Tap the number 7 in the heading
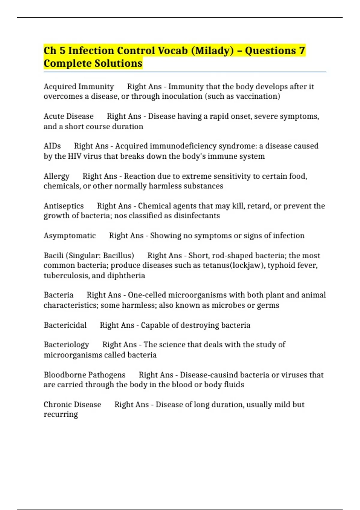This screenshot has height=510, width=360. (301, 51)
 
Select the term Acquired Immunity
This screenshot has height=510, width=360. (79, 87)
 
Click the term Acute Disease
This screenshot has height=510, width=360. (68, 116)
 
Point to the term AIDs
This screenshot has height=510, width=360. (52, 146)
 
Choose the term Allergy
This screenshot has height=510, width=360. (56, 176)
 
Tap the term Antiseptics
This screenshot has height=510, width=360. (64, 206)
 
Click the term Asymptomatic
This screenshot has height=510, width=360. (70, 235)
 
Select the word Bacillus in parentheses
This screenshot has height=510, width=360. (117, 256)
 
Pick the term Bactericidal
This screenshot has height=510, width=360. (65, 325)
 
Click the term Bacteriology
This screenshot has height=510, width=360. (66, 345)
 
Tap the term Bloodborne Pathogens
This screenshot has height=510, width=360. (84, 375)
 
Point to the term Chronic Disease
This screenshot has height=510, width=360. (72, 404)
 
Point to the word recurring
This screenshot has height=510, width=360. (61, 415)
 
